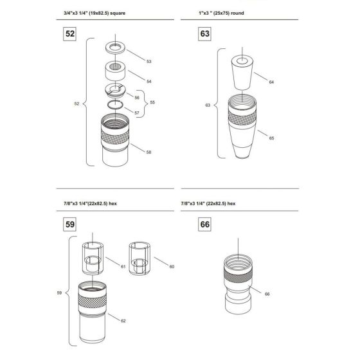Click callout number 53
(148, 62)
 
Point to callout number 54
(148, 82)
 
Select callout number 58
(148, 152)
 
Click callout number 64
(271, 82)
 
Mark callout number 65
(271, 138)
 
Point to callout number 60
(171, 265)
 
